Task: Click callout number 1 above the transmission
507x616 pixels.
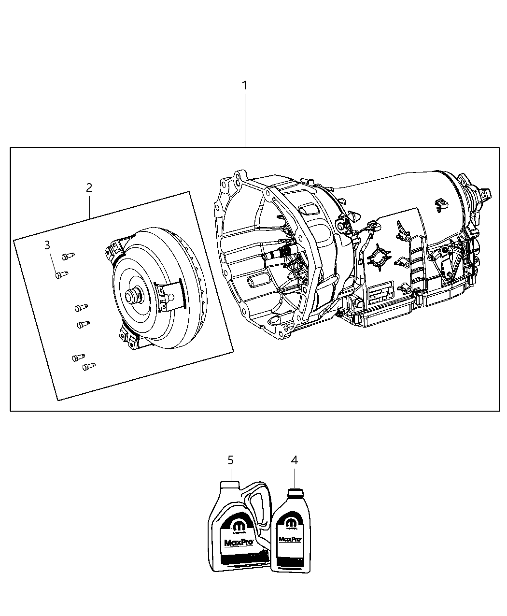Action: click(x=244, y=86)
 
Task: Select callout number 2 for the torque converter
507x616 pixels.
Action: click(x=89, y=187)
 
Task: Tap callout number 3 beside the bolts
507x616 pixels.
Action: click(x=47, y=245)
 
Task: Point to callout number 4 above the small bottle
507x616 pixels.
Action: click(x=294, y=460)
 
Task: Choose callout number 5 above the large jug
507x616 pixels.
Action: click(x=230, y=460)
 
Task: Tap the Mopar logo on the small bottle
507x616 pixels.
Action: click(x=291, y=524)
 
